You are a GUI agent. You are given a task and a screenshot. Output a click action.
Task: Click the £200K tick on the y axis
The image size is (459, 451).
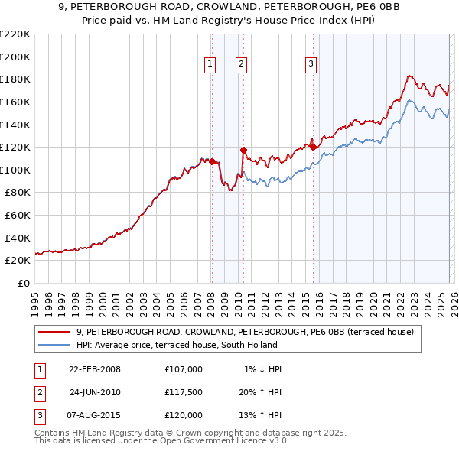click(15, 57)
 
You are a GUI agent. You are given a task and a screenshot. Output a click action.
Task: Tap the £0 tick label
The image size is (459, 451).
click(24, 283)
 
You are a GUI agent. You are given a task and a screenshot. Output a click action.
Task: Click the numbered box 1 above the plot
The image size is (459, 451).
click(210, 65)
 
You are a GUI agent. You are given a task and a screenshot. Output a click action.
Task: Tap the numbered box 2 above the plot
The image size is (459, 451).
click(241, 65)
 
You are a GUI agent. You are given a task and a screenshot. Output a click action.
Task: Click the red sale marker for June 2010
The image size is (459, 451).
click(243, 150)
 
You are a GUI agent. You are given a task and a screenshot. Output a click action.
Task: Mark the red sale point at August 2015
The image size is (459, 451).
click(313, 147)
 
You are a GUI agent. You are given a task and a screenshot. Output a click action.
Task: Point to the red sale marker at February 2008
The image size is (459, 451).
click(212, 162)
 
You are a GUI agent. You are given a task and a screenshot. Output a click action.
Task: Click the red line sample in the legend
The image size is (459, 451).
click(54, 332)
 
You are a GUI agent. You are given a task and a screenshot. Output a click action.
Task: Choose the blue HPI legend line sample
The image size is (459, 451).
click(54, 345)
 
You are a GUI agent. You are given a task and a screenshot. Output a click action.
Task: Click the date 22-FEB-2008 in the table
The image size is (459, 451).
click(95, 369)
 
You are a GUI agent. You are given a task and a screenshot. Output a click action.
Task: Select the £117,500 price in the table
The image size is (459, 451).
click(184, 392)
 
